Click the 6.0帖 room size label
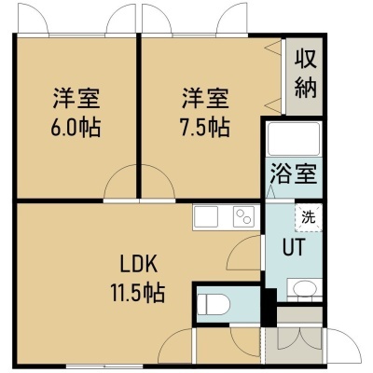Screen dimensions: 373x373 coord(76,128)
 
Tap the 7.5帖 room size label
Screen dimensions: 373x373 coord(205,128)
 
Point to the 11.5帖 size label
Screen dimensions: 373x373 coord(138,293)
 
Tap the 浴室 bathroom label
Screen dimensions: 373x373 coord(294,173)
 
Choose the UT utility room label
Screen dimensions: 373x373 coord(294,247)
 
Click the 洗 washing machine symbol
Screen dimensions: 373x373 coord(309,217)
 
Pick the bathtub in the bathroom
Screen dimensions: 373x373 coord(294,139)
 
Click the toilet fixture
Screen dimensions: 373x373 coord(214,304)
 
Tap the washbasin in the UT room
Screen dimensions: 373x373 coord(304,289)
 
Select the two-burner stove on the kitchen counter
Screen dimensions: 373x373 coord(243,216)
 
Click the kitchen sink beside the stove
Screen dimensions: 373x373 coord(206,216)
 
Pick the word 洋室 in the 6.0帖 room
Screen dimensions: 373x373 coord(76,99)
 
